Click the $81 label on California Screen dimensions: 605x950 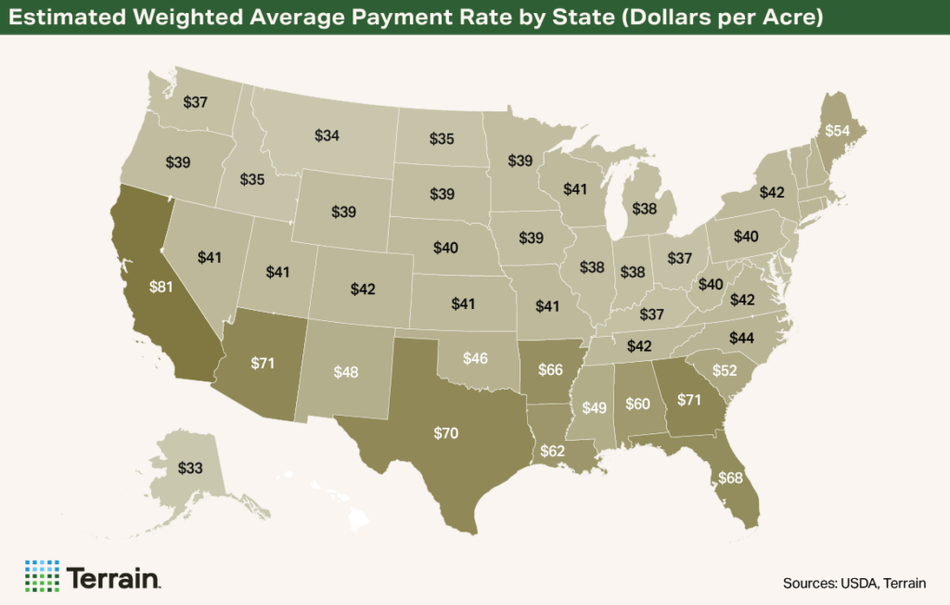tap(160, 287)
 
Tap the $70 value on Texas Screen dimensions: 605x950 tap(447, 432)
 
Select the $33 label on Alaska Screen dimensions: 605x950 tap(190, 469)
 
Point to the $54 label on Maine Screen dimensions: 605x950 tap(837, 131)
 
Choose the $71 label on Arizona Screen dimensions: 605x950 tap(263, 363)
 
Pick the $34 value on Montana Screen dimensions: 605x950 tap(327, 135)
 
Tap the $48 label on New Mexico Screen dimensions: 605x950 tap(346, 371)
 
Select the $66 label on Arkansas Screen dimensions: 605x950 tap(551, 370)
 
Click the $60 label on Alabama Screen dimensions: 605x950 tap(637, 404)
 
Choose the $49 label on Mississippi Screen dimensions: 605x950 tap(595, 408)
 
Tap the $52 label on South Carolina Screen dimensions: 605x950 tap(725, 371)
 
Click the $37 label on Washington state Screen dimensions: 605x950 tap(195, 102)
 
